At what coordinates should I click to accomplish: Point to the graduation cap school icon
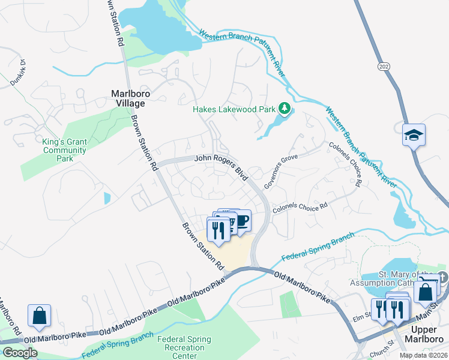point(414,134)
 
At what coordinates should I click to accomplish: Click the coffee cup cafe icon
point(241,221)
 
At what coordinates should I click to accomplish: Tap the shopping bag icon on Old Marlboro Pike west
point(39,316)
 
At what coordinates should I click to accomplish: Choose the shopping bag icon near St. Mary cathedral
point(425,292)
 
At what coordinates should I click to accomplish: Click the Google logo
point(20,353)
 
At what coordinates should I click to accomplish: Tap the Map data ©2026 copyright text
point(423,355)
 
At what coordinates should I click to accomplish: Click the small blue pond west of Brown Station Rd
point(107,198)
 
